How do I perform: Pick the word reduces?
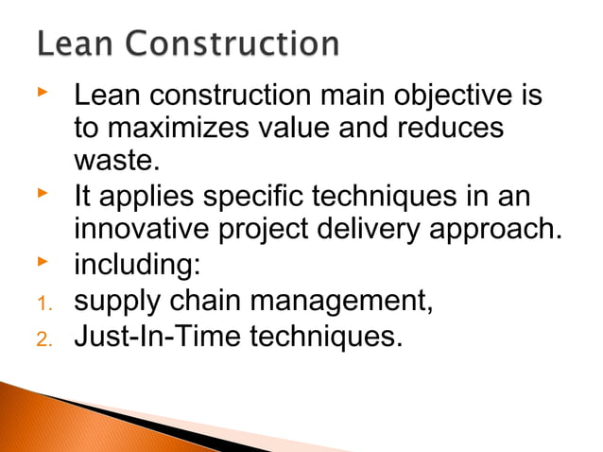(x=453, y=130)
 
